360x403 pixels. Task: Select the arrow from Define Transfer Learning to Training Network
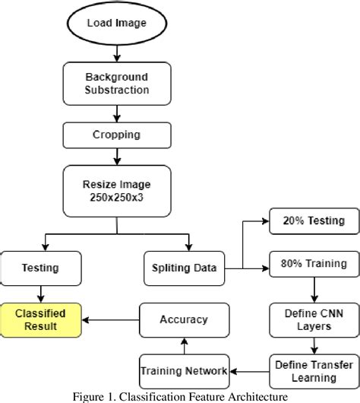250,370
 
